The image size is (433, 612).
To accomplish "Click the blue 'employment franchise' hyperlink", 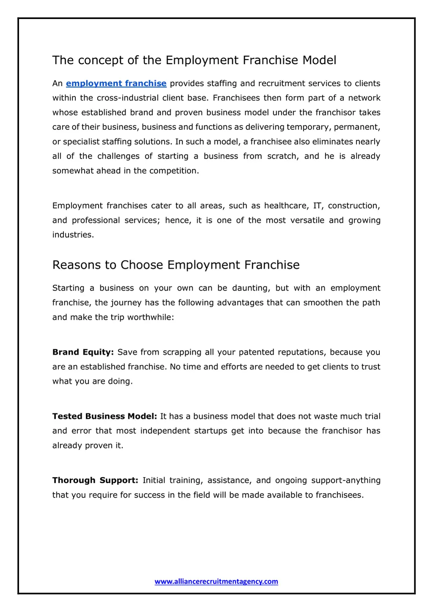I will click(116, 84).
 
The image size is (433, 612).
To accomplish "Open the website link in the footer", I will click(216, 582).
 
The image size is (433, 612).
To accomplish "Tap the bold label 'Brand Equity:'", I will click(83, 352).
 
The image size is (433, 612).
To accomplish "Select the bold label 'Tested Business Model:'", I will click(104, 416).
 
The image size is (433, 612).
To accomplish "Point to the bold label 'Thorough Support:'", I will click(95, 481).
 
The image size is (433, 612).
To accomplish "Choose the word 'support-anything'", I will click(345, 481).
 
